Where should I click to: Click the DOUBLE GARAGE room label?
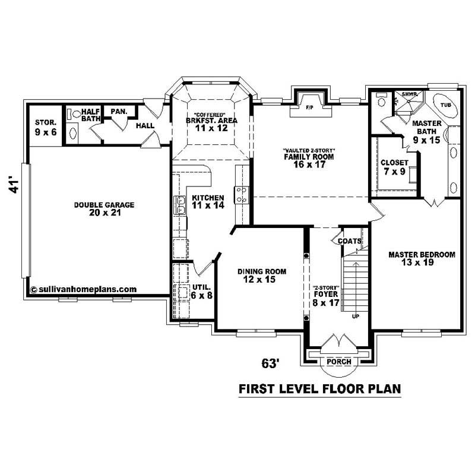(104, 208)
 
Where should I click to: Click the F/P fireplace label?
(309, 109)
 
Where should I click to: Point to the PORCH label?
(339, 362)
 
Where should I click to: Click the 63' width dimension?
(271, 362)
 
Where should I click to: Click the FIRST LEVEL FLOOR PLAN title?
(319, 389)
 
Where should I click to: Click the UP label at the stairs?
(356, 316)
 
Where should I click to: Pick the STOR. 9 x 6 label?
(45, 128)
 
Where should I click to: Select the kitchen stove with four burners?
(242, 194)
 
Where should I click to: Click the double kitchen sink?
(179, 205)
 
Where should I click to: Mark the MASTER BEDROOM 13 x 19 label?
(422, 258)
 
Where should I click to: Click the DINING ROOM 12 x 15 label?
(262, 275)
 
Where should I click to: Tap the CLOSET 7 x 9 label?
(394, 166)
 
